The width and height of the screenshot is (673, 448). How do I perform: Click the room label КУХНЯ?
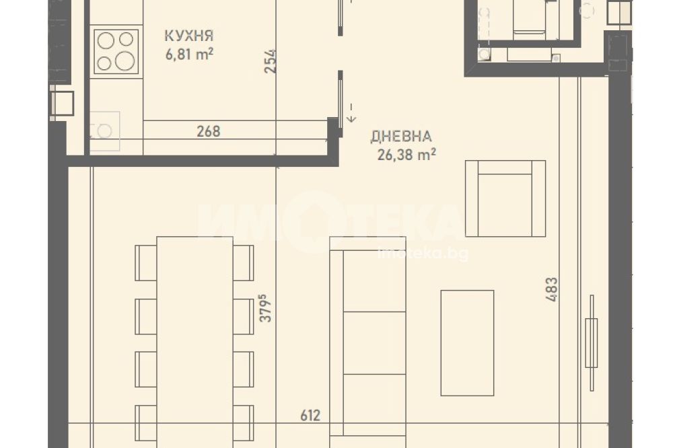(189, 36)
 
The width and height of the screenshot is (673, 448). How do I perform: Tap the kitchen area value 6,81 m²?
(189, 54)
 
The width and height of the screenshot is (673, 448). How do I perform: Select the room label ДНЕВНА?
(401, 137)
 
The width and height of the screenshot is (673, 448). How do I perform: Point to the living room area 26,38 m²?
(406, 155)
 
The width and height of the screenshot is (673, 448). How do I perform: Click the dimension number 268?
(209, 131)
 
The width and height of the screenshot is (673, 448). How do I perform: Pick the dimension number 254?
(271, 61)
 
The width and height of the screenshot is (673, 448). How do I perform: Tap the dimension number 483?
(552, 289)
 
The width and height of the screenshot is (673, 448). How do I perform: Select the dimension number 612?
(310, 416)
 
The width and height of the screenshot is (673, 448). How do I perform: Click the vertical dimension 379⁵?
(266, 307)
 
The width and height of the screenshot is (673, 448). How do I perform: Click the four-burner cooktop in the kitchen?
(116, 52)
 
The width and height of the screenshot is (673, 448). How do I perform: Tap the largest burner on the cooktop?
(125, 61)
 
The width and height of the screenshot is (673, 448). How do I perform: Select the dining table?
(195, 342)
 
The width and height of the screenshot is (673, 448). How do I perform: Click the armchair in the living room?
(505, 198)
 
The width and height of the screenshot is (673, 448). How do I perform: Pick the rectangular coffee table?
(468, 343)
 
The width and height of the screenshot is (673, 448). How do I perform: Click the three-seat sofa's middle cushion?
(374, 343)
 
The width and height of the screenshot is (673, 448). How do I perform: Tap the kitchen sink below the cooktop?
(105, 131)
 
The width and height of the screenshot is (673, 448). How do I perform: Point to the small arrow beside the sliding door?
(351, 113)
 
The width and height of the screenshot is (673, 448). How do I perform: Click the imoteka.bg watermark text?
(423, 254)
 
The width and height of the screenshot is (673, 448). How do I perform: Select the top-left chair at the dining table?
(146, 262)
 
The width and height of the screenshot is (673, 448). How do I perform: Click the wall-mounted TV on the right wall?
(592, 343)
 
